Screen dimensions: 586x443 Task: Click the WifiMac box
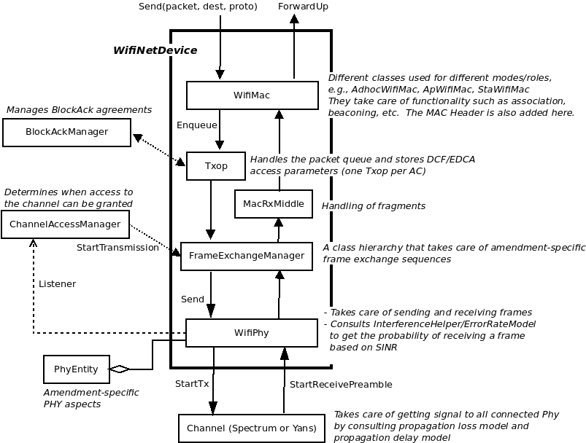coord(252,95)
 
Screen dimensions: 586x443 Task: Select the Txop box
coord(216,166)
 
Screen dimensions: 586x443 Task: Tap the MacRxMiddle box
coord(274,204)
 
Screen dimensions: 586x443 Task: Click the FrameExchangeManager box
coord(247,256)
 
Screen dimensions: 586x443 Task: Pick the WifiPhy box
coord(252,332)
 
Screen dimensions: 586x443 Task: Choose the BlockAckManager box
coord(66,133)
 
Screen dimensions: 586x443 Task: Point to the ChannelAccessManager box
coord(65,224)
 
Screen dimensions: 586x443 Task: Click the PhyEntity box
coord(76,369)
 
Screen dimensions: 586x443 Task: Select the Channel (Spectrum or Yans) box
coord(252,428)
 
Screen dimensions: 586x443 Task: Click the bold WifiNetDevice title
coord(155,50)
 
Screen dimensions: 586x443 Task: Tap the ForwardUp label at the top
coord(303,7)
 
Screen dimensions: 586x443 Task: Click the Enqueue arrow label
coord(196,125)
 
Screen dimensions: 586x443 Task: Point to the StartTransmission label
coord(117,248)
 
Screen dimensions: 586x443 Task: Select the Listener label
coord(57,284)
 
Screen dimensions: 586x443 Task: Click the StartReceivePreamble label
coord(341,385)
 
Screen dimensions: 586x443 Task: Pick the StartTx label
coord(192,384)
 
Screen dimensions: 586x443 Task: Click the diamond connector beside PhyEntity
coord(119,369)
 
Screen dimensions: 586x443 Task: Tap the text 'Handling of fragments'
coord(374,206)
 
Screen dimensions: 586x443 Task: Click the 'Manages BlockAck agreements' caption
coord(79,110)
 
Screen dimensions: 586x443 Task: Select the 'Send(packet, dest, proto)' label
coord(198,7)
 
